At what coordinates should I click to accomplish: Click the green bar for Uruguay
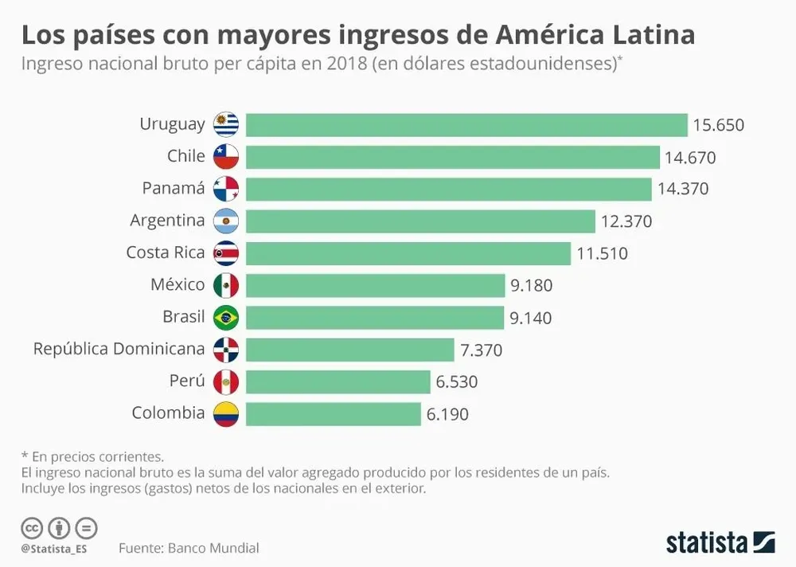click(466, 125)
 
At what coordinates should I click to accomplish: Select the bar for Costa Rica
click(408, 253)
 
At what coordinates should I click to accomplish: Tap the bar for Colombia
click(333, 414)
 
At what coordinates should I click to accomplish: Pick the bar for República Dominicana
click(349, 350)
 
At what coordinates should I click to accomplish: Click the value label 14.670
click(690, 158)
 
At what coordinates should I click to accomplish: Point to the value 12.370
click(626, 221)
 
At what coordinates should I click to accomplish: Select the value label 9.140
click(531, 318)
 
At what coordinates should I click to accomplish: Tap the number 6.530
click(457, 382)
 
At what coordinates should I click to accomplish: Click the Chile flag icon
click(226, 157)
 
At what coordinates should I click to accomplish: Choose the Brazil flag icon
click(226, 318)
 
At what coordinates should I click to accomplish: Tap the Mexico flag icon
click(226, 285)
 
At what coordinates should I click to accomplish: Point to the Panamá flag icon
click(226, 189)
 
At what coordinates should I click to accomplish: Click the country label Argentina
click(167, 221)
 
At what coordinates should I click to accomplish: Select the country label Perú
click(187, 381)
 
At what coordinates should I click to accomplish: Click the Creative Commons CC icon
click(32, 527)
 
